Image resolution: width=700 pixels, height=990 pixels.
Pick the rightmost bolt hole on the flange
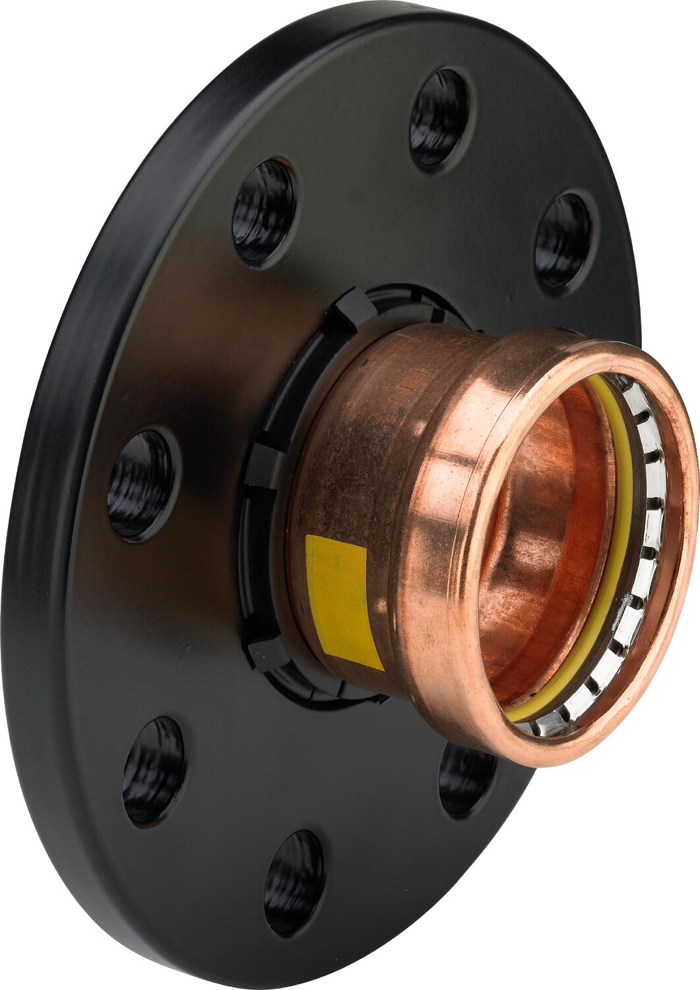pyautogui.click(x=562, y=241)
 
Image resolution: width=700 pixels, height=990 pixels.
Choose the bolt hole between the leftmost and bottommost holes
pyautogui.click(x=153, y=770)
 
